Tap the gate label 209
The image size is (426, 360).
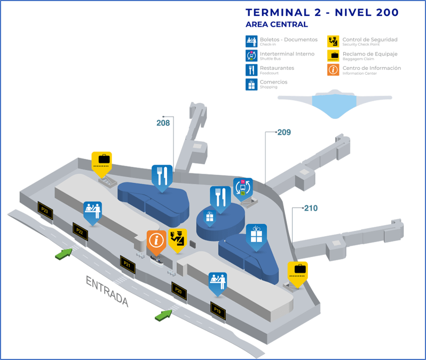click(284, 132)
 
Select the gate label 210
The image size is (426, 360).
click(311, 208)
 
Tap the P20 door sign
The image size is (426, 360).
click(179, 291)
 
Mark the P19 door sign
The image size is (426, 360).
click(217, 309)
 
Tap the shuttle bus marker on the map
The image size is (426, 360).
click(242, 188)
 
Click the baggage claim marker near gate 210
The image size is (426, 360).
click(298, 270)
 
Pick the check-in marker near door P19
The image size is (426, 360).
click(218, 281)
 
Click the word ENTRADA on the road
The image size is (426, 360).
click(107, 291)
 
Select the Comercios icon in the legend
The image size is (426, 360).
click(251, 84)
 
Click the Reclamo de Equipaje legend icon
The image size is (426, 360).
click(334, 55)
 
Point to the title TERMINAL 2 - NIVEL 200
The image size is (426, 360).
click(322, 13)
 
